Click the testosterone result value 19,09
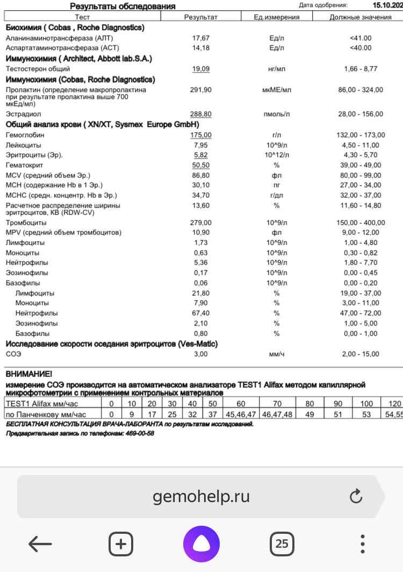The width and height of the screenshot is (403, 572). pos(201,69)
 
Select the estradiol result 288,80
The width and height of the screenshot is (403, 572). pos(201,114)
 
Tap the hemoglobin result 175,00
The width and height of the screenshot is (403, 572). pos(201,135)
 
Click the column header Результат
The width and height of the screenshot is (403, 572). pos(201,17)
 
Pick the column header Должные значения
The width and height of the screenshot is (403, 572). pos(360,17)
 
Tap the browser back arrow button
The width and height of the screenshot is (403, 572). pos(40,544)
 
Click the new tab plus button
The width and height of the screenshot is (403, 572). pos(121,544)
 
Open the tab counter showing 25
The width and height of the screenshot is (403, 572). pos(282,544)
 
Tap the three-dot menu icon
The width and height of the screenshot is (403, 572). pos(363,544)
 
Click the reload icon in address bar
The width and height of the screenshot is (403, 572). pos(356,496)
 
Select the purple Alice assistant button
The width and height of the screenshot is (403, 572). pos(201,544)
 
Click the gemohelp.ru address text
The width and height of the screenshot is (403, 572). pos(201,496)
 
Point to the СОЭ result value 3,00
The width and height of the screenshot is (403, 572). pos(201,354)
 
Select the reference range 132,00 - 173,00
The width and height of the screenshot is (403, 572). pos(360,135)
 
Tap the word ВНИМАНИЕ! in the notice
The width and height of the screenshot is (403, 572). pos(29,373)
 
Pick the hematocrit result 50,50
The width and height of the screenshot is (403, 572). pos(201,165)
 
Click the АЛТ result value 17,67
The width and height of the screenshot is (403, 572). pos(201,38)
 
